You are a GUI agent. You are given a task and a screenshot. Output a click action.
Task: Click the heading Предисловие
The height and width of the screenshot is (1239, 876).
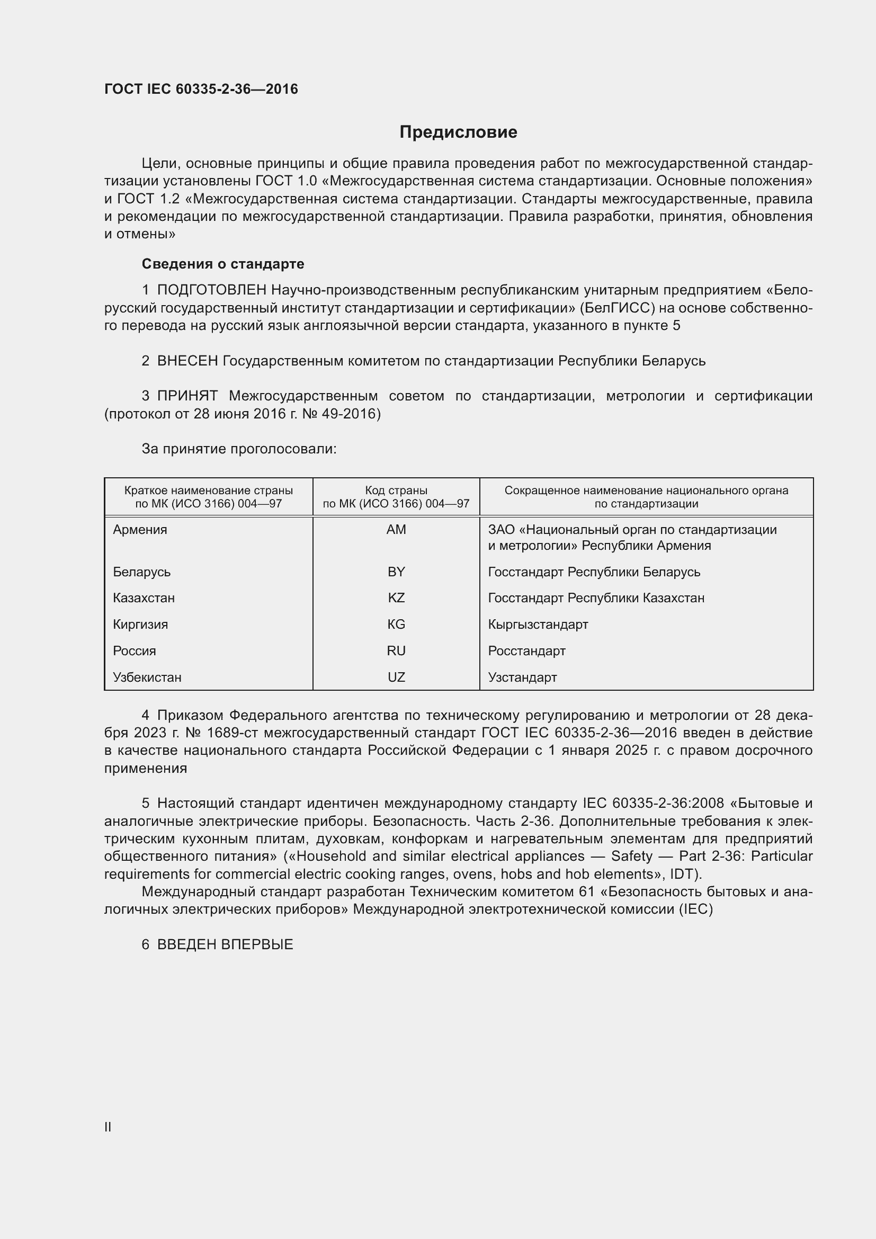[458, 132]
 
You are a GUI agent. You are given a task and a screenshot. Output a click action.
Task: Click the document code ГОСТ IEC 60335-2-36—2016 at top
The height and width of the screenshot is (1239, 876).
[201, 89]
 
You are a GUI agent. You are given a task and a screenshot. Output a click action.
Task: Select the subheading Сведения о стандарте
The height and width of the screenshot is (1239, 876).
[223, 264]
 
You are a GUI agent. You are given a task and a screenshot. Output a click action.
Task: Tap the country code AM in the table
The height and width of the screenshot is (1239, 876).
[396, 529]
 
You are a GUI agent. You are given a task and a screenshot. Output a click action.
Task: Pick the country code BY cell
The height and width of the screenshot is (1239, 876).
[396, 572]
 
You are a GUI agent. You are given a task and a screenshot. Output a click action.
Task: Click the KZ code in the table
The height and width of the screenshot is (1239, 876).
[396, 598]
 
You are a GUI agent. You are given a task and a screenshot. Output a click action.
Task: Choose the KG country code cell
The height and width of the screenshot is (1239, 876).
[396, 625]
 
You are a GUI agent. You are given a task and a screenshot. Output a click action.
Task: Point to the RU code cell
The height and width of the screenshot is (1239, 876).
[396, 651]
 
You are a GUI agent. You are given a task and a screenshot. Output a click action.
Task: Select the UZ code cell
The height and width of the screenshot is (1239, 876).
[396, 678]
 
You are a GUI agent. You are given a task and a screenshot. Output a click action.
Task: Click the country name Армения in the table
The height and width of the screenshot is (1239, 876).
[140, 529]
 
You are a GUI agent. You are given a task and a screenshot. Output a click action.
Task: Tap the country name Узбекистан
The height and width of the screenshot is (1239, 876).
[147, 678]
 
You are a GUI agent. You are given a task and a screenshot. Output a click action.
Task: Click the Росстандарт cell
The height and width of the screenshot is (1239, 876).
[526, 651]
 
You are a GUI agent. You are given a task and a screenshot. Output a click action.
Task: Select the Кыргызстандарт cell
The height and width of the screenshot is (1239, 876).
[538, 625]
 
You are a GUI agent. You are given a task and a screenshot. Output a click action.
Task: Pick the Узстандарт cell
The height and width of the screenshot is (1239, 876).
[522, 678]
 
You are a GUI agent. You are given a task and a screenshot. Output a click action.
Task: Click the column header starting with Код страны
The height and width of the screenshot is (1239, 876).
[396, 497]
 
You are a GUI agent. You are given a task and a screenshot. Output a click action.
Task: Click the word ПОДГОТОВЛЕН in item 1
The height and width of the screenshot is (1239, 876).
[211, 290]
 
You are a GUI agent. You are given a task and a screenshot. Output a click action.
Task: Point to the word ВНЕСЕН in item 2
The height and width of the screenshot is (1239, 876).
[187, 361]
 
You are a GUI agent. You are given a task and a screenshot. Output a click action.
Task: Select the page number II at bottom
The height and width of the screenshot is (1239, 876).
[108, 1127]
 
